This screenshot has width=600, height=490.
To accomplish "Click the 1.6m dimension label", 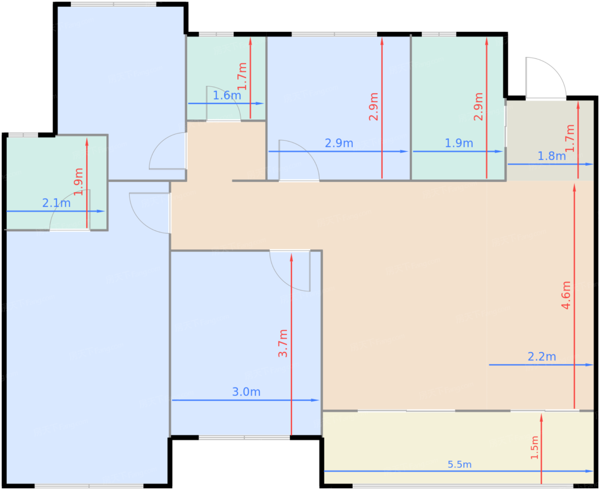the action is [x=227, y=95].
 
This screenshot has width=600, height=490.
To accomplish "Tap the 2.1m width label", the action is [x=56, y=203].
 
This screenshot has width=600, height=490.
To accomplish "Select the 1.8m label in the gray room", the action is [x=551, y=156].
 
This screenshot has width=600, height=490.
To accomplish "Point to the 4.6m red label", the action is [x=566, y=295].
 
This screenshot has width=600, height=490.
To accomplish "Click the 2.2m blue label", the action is [x=542, y=357].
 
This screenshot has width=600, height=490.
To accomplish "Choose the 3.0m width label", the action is [x=246, y=392].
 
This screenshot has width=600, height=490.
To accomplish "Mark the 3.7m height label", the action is [x=282, y=343].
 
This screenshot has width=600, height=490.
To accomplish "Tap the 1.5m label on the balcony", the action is [x=534, y=448].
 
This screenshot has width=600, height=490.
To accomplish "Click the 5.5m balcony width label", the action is [x=459, y=465].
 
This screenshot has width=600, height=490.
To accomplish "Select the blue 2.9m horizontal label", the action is [x=339, y=143].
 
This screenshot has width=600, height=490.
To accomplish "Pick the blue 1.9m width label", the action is [x=459, y=143].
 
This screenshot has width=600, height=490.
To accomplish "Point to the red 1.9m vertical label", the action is [x=78, y=182].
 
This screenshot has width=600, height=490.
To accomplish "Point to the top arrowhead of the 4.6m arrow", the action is [x=574, y=188].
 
